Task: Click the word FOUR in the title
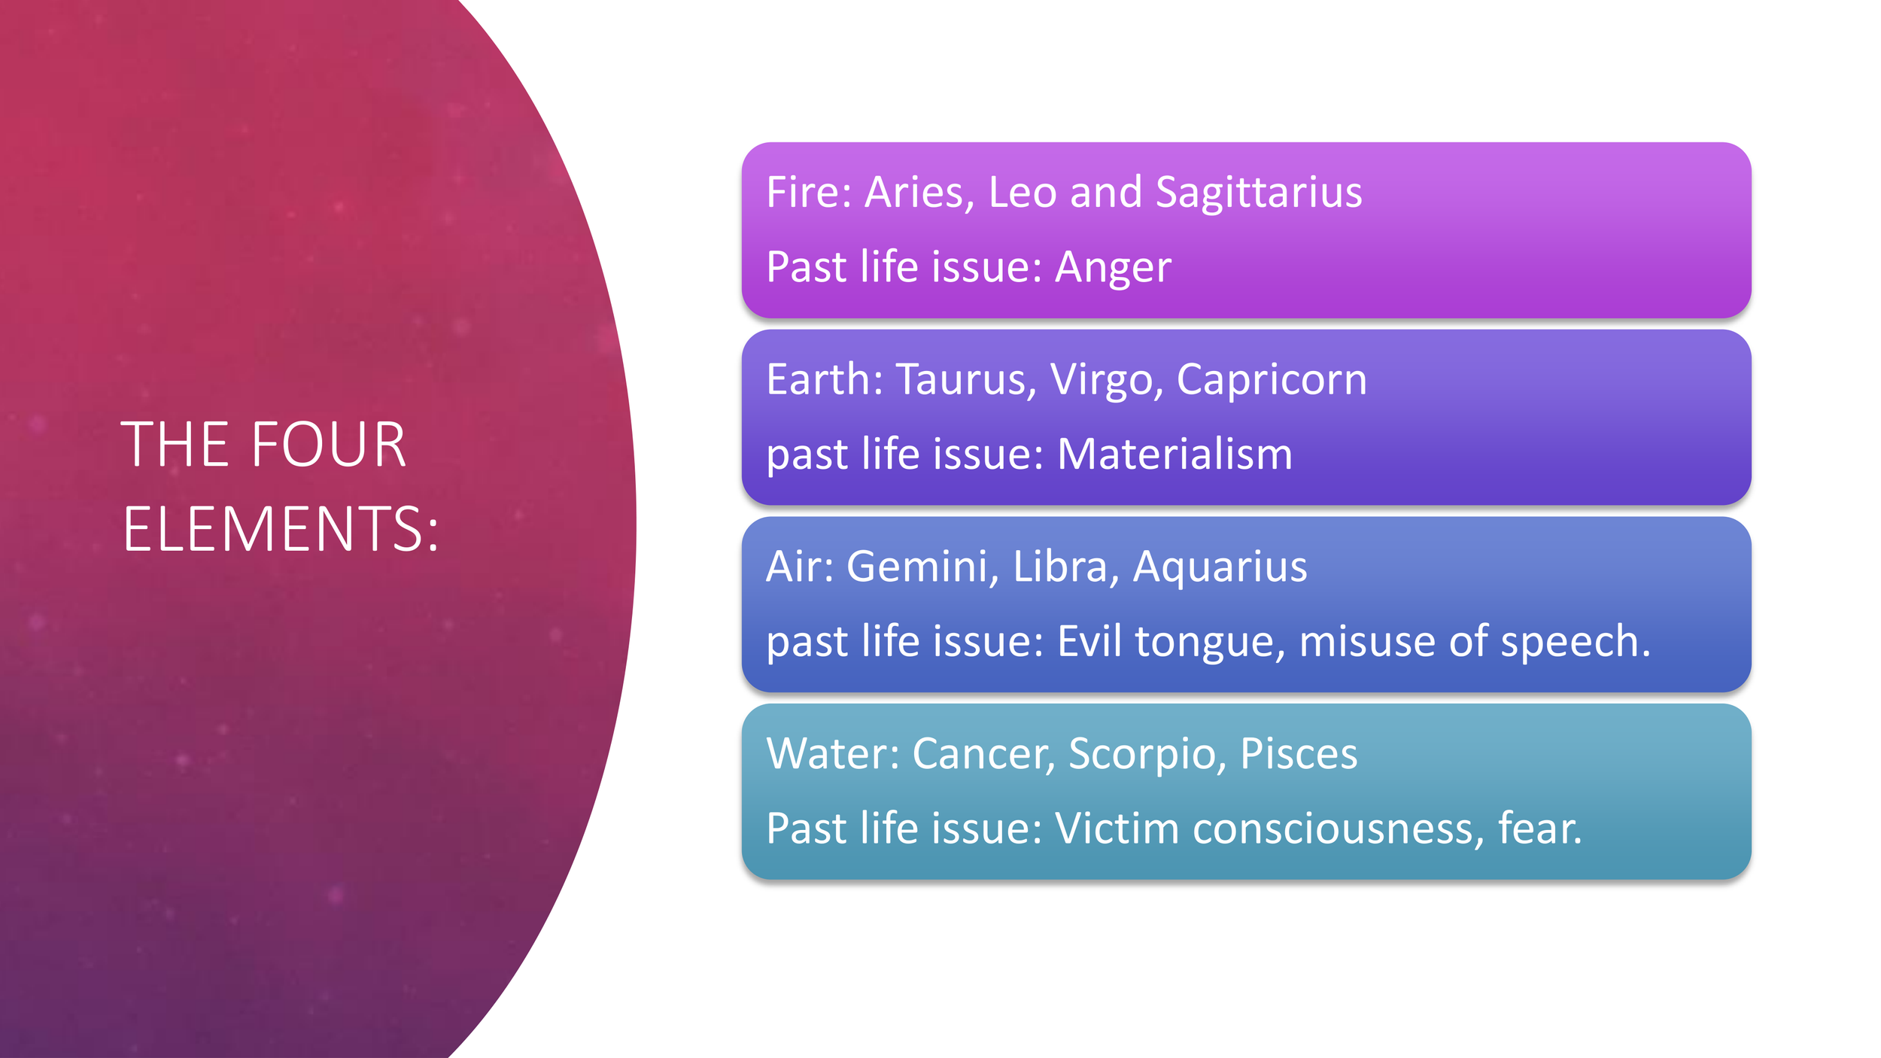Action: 329,445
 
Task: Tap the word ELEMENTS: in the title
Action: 281,529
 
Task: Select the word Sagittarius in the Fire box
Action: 1258,192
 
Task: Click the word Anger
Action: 1113,267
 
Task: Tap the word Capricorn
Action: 1271,379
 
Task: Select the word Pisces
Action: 1299,753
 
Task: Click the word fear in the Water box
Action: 1538,828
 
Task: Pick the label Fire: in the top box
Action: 809,192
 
